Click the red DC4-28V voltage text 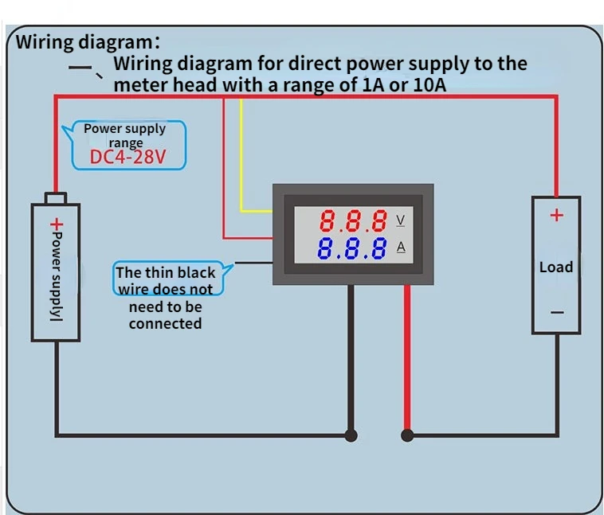click(x=127, y=157)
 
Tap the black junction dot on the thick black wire click(x=351, y=435)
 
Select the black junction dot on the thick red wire click(x=407, y=435)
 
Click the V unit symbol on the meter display click(x=401, y=220)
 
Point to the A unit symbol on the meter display click(x=401, y=247)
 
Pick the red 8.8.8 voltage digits click(x=353, y=220)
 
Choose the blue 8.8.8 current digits click(x=351, y=248)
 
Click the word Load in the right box click(x=556, y=267)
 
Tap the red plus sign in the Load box click(x=557, y=215)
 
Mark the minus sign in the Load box click(x=557, y=312)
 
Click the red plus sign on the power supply click(x=57, y=224)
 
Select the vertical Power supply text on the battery click(x=57, y=276)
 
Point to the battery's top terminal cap click(x=56, y=198)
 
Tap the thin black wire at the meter click(x=253, y=263)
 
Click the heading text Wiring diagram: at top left click(x=88, y=42)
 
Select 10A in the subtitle click(x=429, y=84)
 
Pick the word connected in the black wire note click(x=165, y=324)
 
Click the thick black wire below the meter click(x=351, y=361)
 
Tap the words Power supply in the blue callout click(x=125, y=129)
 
